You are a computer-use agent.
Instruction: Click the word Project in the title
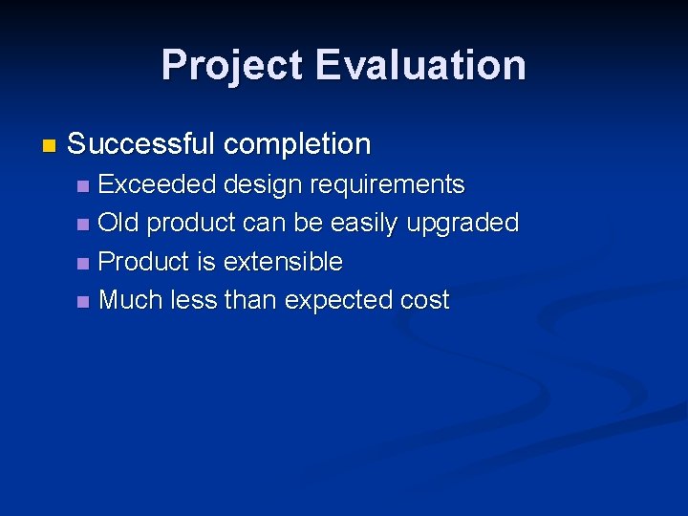click(x=232, y=65)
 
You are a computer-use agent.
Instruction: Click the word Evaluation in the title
click(x=420, y=65)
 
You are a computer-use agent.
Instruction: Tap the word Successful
click(x=140, y=144)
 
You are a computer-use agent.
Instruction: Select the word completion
click(x=297, y=144)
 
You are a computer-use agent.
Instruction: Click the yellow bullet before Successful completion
click(x=50, y=146)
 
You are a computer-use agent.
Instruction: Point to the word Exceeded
click(x=157, y=183)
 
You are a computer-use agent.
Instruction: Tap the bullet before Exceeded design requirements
click(x=84, y=185)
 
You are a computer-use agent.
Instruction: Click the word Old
click(x=118, y=223)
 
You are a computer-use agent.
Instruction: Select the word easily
click(x=365, y=224)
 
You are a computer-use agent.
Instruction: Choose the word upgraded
click(x=462, y=224)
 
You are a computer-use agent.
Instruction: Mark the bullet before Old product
click(x=84, y=225)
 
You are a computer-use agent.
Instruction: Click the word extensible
click(x=283, y=261)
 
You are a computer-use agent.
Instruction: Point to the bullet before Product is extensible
click(x=84, y=263)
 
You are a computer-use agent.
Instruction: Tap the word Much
click(x=131, y=300)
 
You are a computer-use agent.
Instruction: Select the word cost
click(x=424, y=300)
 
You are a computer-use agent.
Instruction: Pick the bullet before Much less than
click(x=84, y=302)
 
